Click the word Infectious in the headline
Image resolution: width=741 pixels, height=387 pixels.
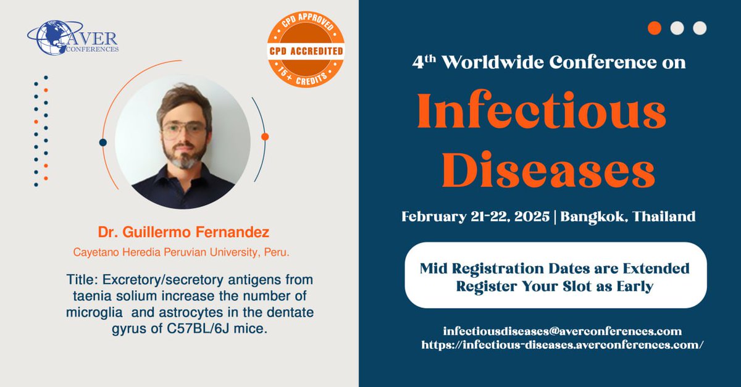pos(542,116)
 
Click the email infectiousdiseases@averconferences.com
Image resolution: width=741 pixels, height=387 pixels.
pos(562,331)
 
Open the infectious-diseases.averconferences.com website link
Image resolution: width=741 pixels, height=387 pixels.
pos(562,345)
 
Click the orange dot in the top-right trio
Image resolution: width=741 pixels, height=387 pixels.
pos(655,28)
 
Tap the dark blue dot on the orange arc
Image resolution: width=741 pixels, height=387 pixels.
pos(103,142)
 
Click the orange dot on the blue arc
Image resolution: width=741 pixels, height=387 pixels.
pos(265,136)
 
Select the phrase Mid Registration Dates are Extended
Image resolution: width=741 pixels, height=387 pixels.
pos(555,269)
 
